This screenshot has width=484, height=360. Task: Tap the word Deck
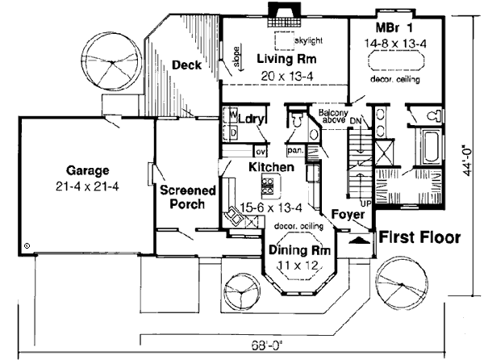point(186,65)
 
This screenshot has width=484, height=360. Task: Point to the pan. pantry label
point(294,151)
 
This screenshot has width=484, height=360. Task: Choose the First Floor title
point(419,238)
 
